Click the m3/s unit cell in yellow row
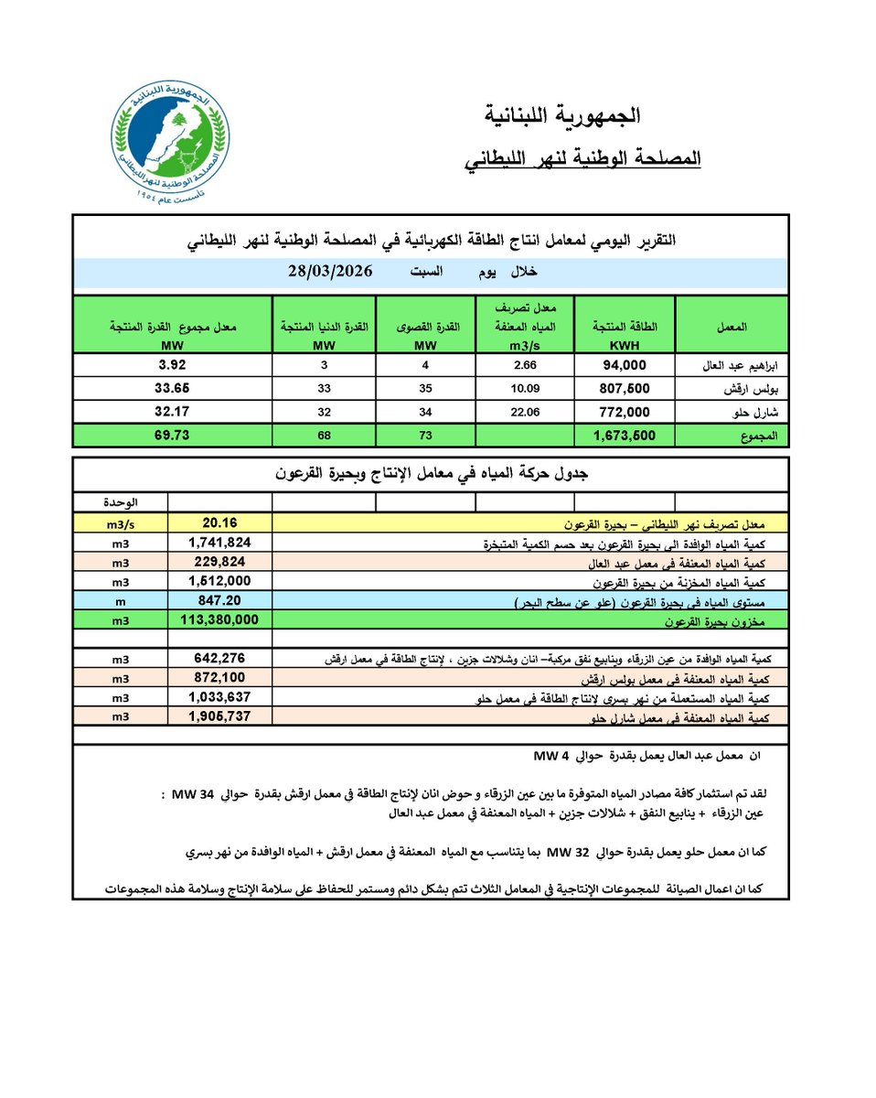pos(120,523)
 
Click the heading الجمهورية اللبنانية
pos(561,116)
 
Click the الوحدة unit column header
pos(120,502)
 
